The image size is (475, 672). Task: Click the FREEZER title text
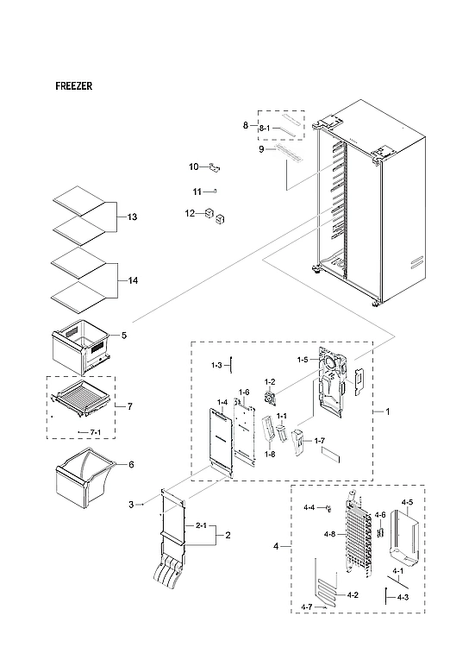[x=74, y=86]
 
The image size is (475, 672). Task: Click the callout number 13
[x=132, y=217]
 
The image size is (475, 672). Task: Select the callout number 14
[x=132, y=281]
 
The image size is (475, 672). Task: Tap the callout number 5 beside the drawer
[x=124, y=335]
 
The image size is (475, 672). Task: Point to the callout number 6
[x=131, y=464]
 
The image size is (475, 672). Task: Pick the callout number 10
[x=194, y=166]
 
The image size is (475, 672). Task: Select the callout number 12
[x=189, y=213]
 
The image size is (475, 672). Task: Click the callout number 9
[x=260, y=150]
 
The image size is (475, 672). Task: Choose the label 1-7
[x=319, y=441]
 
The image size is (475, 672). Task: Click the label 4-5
[x=407, y=501]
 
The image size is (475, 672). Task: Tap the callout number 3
[x=131, y=504]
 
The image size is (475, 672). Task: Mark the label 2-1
[x=201, y=525]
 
